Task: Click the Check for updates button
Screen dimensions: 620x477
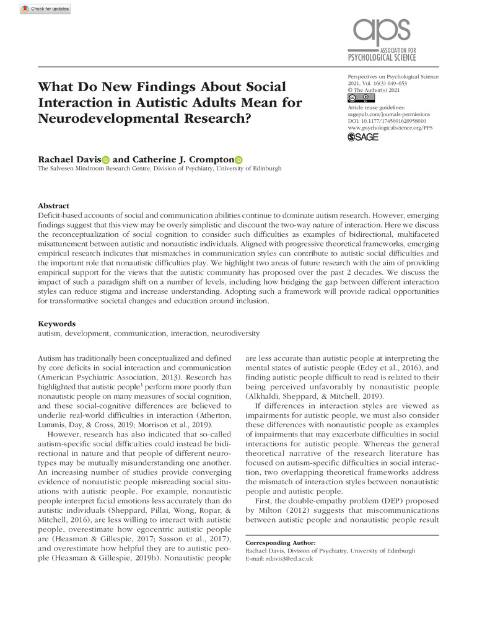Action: (x=45, y=9)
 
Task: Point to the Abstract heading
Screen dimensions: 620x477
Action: (x=53, y=206)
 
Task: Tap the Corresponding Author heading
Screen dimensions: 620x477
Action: (x=281, y=542)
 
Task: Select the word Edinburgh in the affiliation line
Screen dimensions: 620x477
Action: (x=265, y=169)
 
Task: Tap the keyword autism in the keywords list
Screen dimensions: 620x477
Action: (x=51, y=334)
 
